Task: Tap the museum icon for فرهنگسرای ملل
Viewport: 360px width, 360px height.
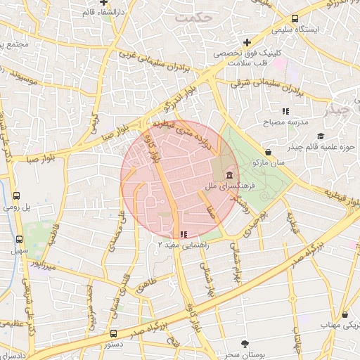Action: click(x=229, y=175)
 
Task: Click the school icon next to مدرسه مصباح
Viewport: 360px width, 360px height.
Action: click(x=285, y=111)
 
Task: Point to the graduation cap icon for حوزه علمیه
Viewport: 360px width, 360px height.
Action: click(x=321, y=136)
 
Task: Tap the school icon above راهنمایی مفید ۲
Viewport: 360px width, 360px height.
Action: click(x=184, y=234)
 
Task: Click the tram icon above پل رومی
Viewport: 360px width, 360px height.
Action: click(x=16, y=195)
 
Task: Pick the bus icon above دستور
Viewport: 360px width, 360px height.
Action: click(x=114, y=333)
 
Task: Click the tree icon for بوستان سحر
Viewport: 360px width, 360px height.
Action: click(x=245, y=343)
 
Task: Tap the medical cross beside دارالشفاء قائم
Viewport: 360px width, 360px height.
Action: click(x=103, y=4)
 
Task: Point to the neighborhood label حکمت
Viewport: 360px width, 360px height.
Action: click(x=195, y=15)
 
